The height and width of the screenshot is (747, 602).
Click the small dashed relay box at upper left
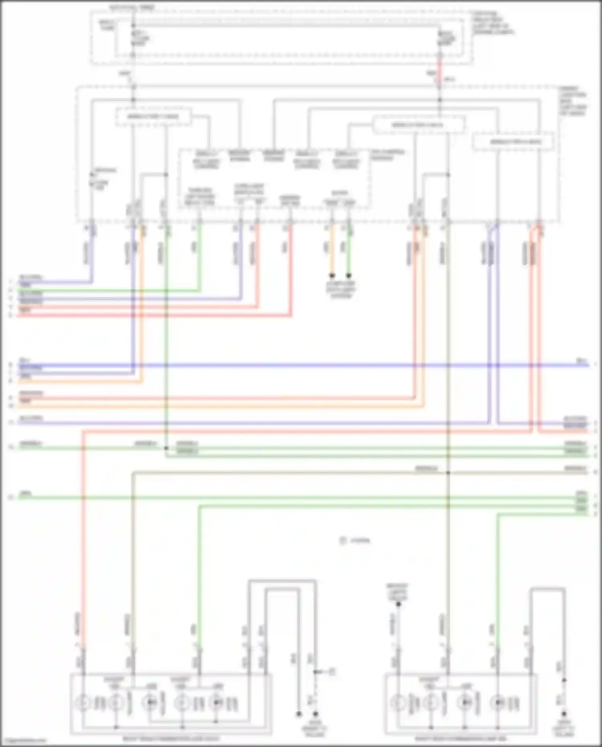[153, 117]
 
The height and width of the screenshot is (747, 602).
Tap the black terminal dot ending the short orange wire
[332, 276]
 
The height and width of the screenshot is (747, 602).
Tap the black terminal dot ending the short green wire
[349, 276]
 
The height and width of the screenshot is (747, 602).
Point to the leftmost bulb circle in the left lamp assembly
[83, 703]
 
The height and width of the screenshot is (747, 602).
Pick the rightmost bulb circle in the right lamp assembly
[498, 703]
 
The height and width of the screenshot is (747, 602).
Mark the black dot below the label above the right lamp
[398, 615]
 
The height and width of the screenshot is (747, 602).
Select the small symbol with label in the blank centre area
[355, 541]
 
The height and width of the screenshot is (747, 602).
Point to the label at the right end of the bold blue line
[581, 361]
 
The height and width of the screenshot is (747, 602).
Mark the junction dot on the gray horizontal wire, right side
[448, 473]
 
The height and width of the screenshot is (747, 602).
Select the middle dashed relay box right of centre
[418, 125]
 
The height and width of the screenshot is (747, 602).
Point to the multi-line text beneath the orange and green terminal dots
[340, 290]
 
